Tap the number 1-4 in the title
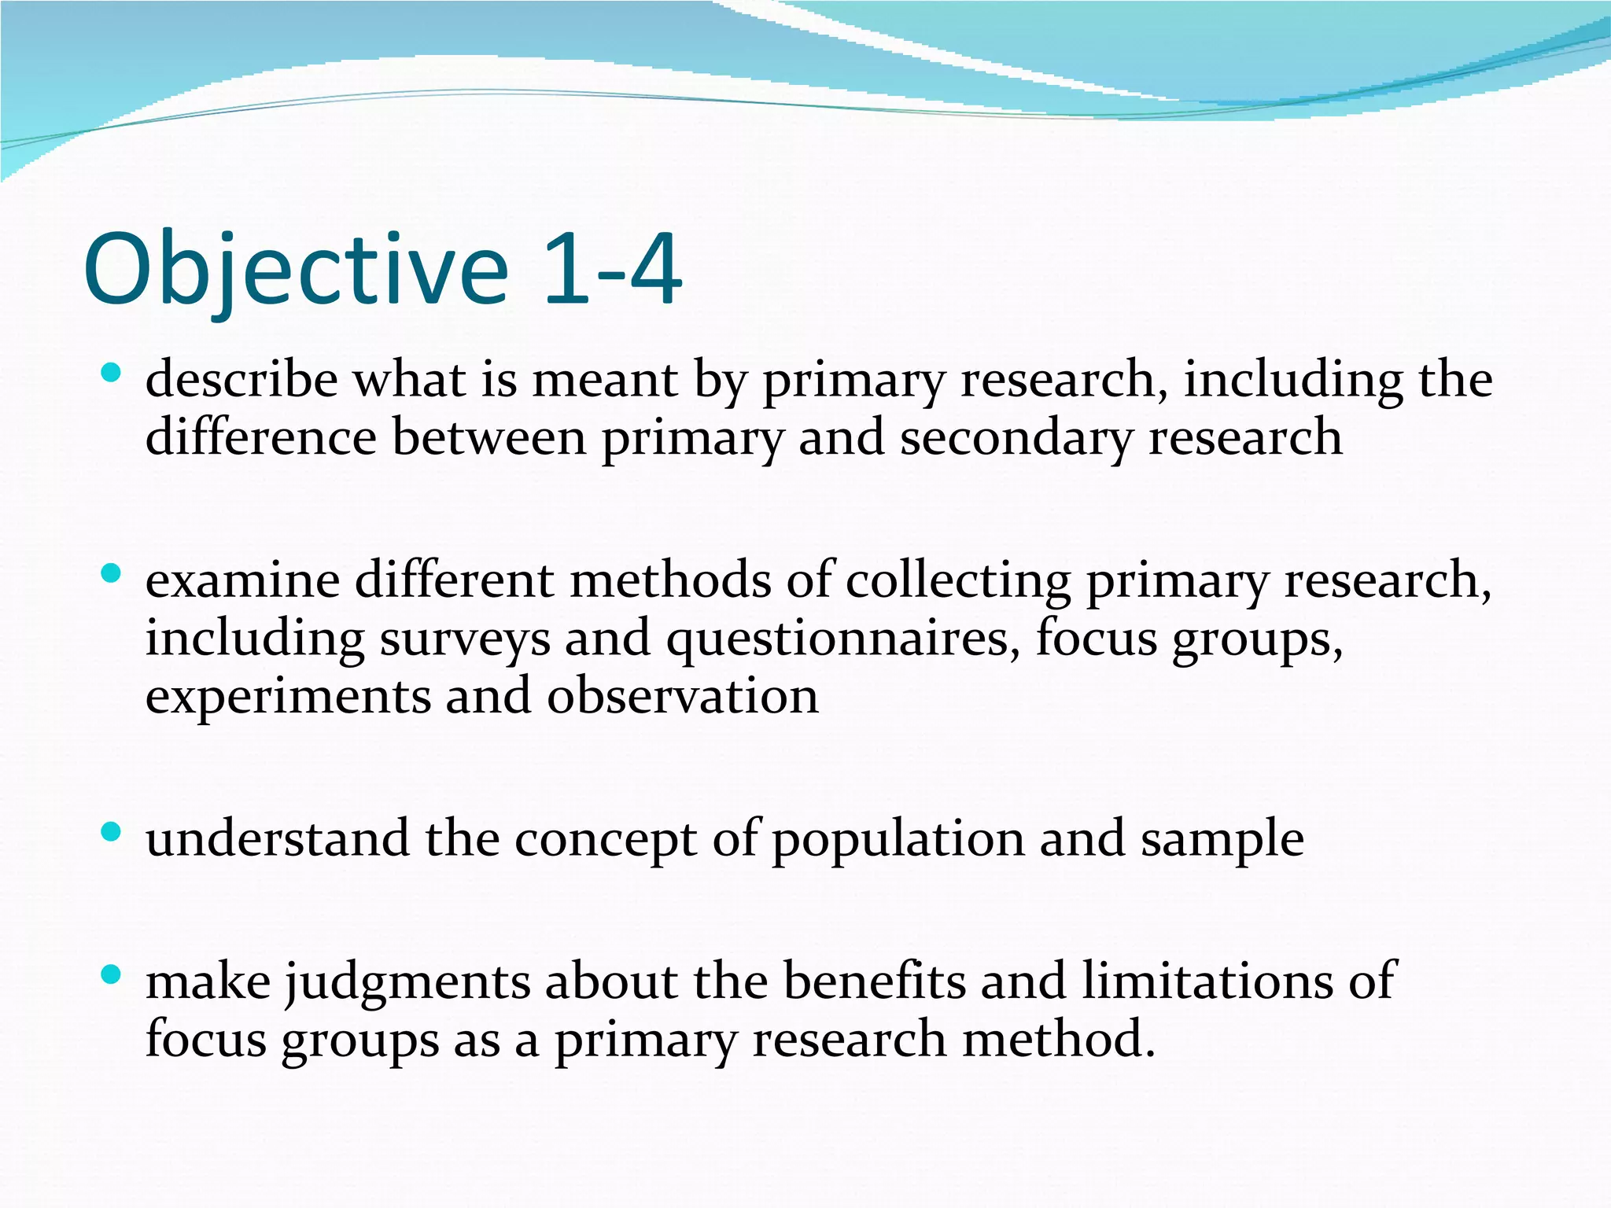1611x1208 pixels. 612,270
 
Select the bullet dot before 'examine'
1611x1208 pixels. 112,573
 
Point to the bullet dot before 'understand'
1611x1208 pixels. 112,831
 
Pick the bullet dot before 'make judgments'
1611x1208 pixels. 112,975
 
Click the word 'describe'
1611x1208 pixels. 241,380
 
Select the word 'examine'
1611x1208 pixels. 243,581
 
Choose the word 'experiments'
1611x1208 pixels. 288,698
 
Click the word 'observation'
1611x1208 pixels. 683,696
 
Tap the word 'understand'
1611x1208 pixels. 277,838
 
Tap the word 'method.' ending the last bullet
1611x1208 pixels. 1059,1040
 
